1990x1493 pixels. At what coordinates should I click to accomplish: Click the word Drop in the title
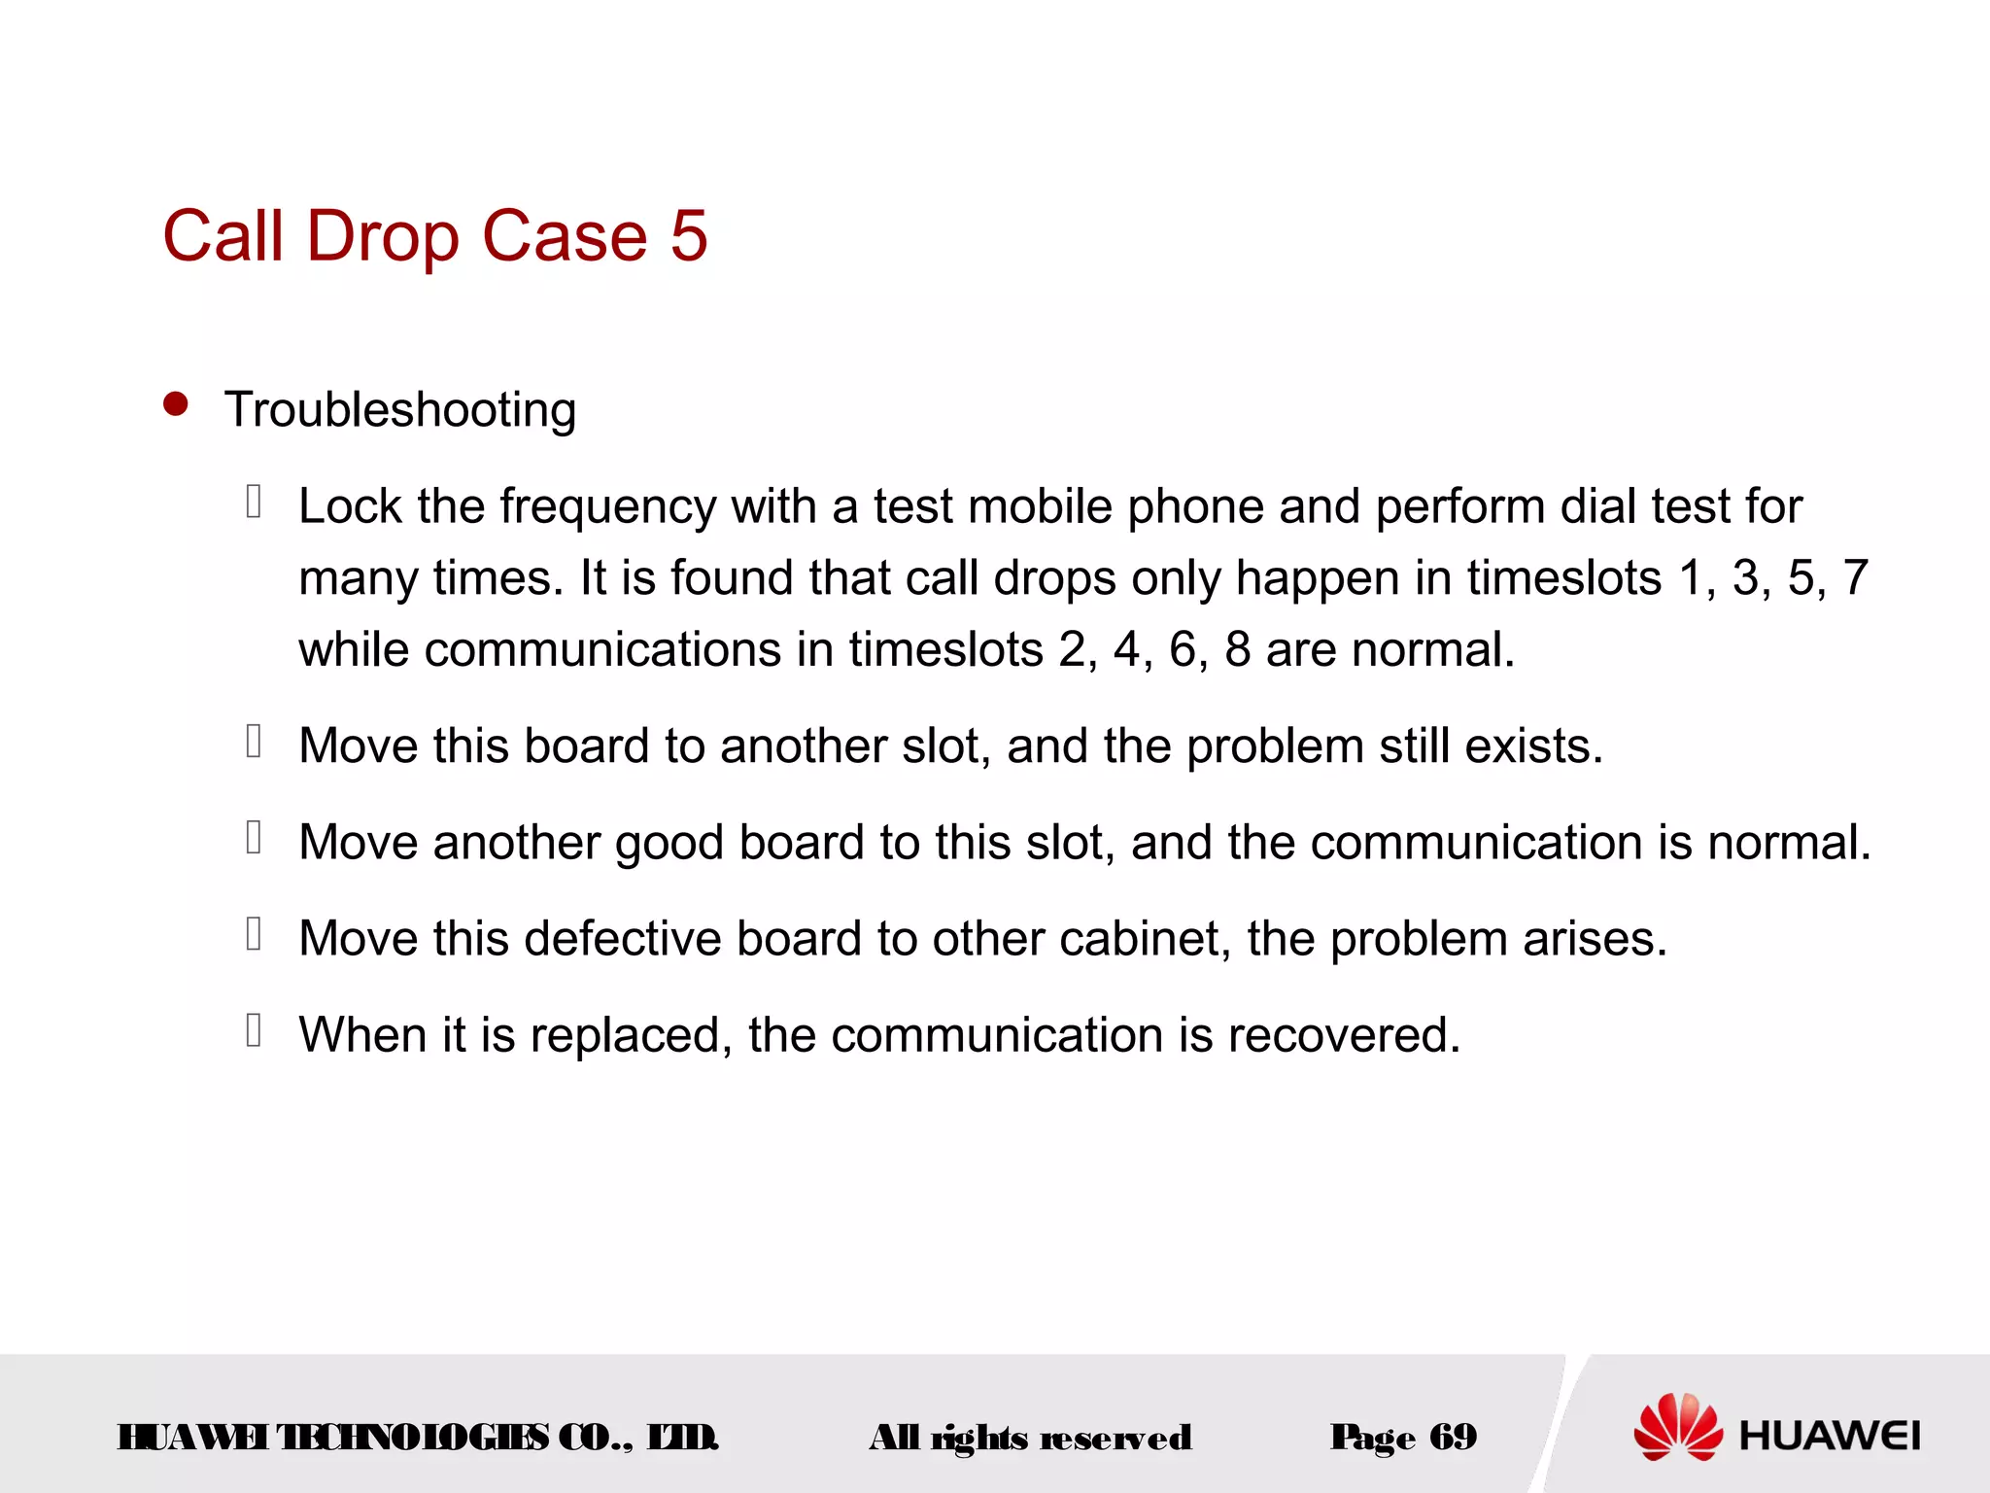[383, 237]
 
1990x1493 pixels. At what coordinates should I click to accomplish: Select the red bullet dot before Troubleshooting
[176, 404]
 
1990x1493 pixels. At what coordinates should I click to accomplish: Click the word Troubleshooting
[400, 409]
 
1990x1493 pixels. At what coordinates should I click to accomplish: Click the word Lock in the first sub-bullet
[350, 506]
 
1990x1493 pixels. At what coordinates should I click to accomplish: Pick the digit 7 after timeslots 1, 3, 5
[1855, 577]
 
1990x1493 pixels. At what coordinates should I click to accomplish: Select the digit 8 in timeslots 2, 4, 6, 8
[1237, 649]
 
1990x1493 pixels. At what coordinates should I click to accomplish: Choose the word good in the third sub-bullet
[669, 843]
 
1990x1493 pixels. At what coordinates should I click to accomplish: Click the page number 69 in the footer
[1453, 1437]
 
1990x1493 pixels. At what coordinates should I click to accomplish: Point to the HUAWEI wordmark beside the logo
[1830, 1436]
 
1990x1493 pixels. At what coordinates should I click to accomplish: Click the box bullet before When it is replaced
[254, 1030]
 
